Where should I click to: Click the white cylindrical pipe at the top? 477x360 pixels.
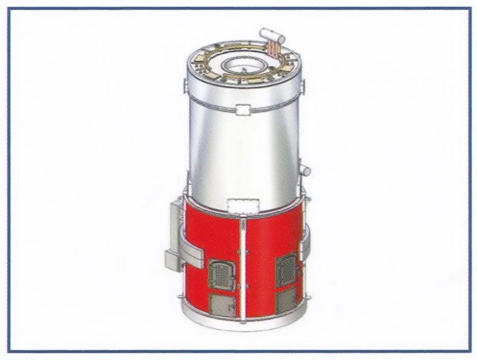(271, 35)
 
